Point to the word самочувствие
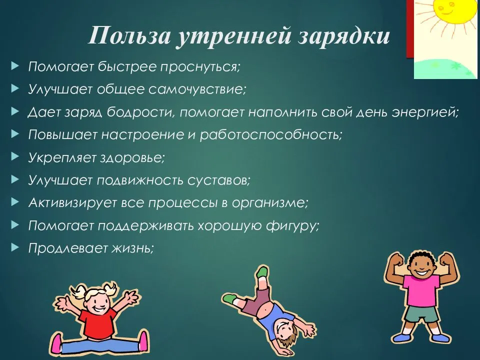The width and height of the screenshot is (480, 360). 197,89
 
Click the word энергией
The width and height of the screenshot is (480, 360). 425,112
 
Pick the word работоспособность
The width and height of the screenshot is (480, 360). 270,134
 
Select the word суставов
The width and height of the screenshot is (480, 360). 218,180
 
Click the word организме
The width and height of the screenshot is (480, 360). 269,203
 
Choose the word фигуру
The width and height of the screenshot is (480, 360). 292,226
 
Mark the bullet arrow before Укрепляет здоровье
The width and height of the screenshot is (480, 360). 15,157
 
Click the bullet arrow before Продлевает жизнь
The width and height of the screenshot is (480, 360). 15,247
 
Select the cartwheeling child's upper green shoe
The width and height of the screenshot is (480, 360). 262,272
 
